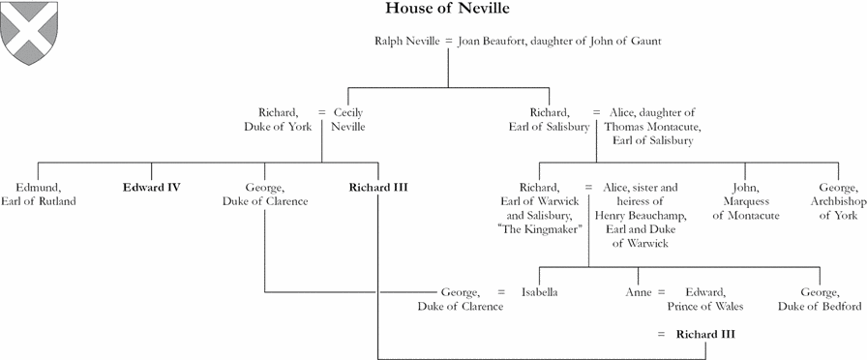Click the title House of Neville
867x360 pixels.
[x=447, y=9]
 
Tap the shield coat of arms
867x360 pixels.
[x=30, y=33]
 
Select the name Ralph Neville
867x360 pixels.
[x=406, y=41]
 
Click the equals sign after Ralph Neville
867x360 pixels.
[x=448, y=42]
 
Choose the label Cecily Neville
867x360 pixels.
[x=347, y=120]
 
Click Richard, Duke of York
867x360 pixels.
[x=278, y=120]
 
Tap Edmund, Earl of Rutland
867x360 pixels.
[x=38, y=195]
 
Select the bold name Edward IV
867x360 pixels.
[x=152, y=187]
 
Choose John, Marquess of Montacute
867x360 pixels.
[x=746, y=201]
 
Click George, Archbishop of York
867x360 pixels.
[x=839, y=201]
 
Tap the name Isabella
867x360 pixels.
[x=539, y=292]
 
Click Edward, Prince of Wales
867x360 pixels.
[x=705, y=299]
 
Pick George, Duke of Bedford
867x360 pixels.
[x=820, y=299]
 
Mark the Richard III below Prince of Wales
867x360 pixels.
[x=705, y=334]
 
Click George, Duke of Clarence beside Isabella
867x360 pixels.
[x=460, y=299]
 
